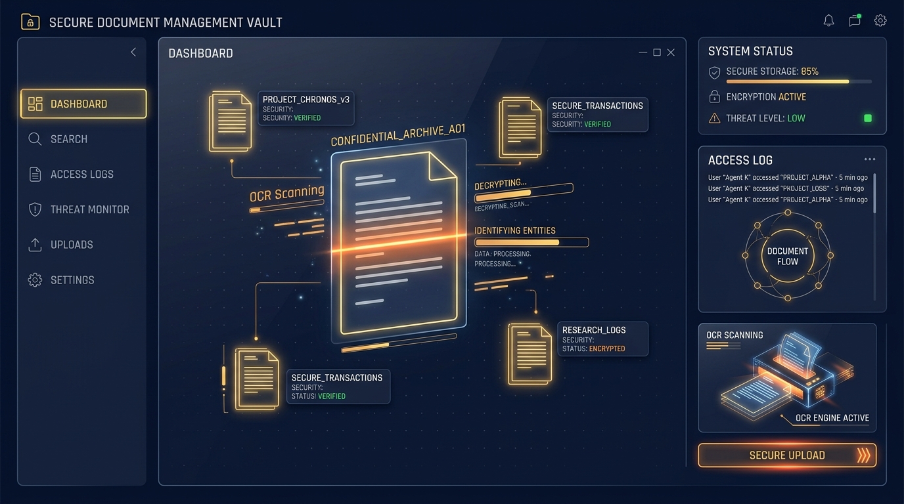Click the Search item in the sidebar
[58, 139]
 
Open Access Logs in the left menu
[71, 174]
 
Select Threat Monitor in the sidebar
[79, 209]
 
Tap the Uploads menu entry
[60, 244]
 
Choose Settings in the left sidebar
[61, 280]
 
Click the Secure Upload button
[787, 455]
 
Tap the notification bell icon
[828, 20]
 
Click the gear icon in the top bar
[880, 20]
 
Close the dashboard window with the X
[671, 52]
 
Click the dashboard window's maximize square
[657, 52]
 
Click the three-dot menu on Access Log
[870, 159]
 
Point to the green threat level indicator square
[868, 118]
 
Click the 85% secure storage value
[809, 72]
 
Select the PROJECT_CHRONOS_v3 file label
[306, 100]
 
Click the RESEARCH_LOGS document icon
[530, 354]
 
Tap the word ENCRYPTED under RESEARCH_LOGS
[607, 348]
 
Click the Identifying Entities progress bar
[531, 242]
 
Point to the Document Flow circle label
[787, 257]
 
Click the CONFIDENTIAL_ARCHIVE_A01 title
[398, 135]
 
